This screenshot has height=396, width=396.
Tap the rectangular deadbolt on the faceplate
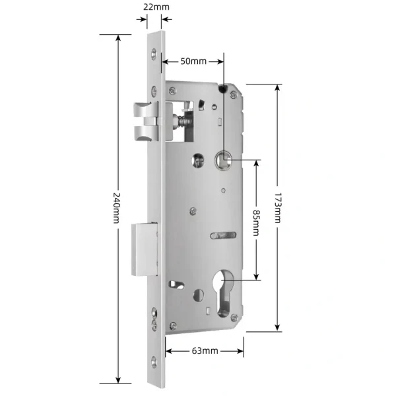point(145,249)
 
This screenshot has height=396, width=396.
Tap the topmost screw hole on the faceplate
point(155,53)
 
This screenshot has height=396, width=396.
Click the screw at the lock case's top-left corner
point(173,90)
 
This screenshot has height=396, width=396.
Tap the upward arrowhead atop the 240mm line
point(118,37)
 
